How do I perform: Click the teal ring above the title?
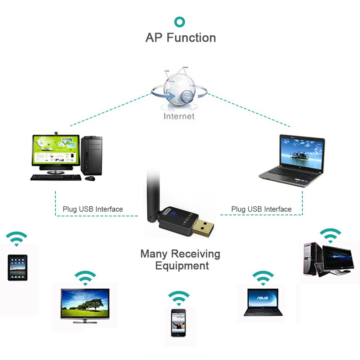point(180,22)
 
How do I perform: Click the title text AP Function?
point(180,38)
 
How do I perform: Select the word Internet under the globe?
point(179,116)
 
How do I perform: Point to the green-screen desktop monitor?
point(55,150)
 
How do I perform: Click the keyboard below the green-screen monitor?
point(56,177)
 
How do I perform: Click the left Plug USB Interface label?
point(93,209)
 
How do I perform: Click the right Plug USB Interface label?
point(261,209)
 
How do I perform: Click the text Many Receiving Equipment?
point(181,260)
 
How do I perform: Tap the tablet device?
point(17,267)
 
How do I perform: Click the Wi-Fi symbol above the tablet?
point(17,238)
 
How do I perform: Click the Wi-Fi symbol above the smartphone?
point(179,298)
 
